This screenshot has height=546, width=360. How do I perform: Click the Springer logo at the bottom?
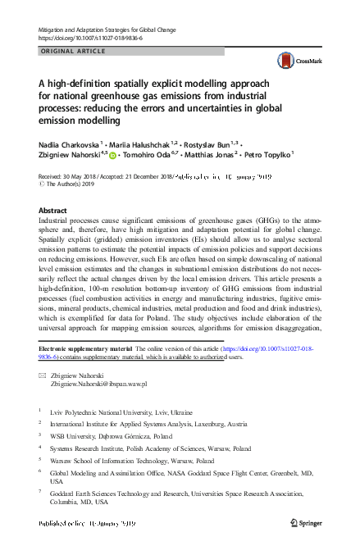(x=308, y=523)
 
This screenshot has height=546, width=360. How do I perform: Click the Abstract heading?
(x=53, y=211)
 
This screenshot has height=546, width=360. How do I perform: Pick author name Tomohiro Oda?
(x=149, y=152)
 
